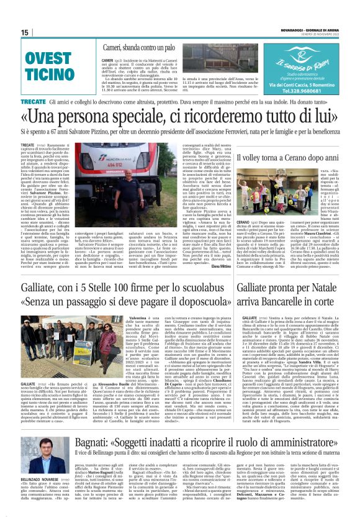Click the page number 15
point(25,32)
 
